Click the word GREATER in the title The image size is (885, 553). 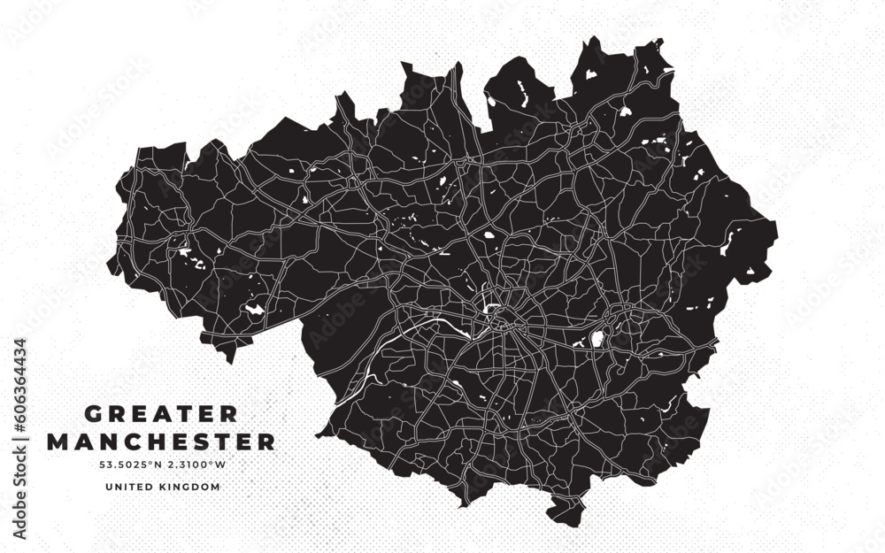(160, 414)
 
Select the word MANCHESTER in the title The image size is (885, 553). (160, 441)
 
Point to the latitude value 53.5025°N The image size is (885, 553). (130, 464)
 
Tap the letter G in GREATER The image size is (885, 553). (91, 414)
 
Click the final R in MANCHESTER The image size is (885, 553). (266, 441)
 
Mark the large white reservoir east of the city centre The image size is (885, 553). (596, 338)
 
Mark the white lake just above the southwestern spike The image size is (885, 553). (254, 309)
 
